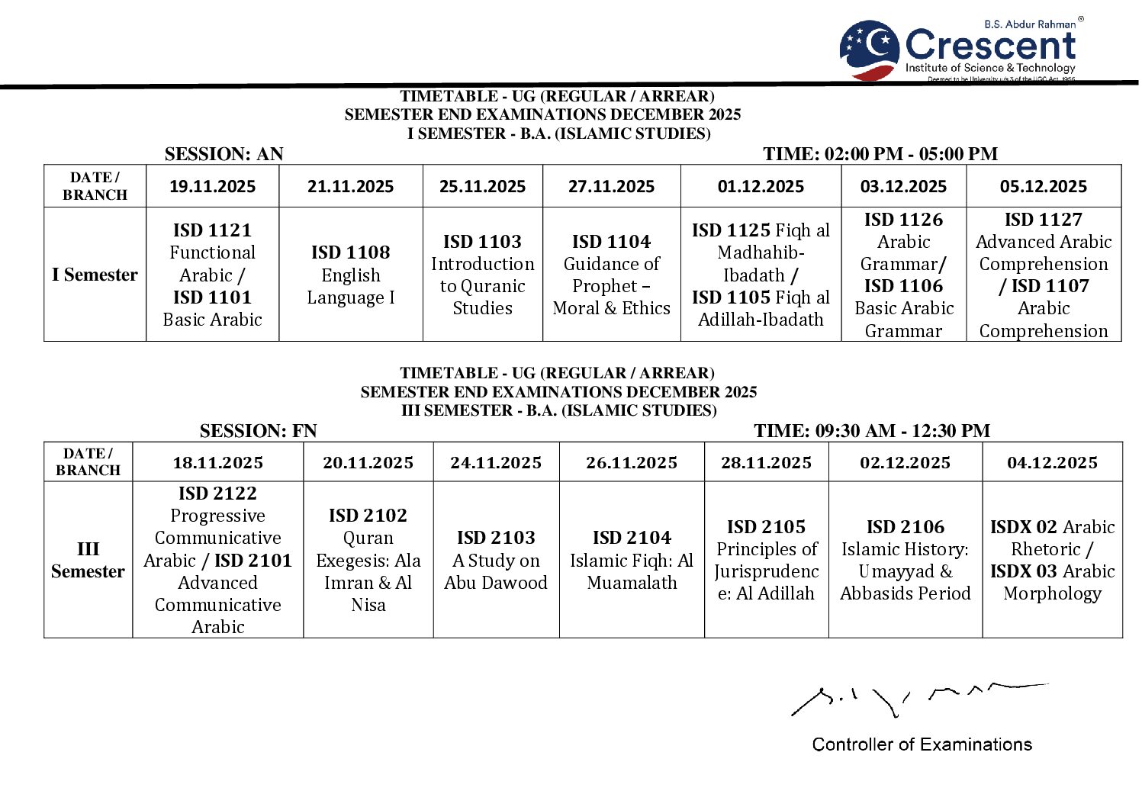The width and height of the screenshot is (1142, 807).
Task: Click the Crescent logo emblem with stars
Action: (870, 48)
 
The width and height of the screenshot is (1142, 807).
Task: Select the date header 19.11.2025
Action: (212, 186)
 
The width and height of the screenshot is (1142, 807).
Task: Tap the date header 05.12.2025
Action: (1043, 186)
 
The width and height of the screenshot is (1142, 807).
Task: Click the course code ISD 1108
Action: (350, 252)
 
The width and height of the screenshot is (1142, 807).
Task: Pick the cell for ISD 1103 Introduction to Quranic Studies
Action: (482, 275)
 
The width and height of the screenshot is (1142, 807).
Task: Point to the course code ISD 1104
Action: (611, 242)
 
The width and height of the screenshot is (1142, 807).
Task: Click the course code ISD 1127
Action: (1043, 220)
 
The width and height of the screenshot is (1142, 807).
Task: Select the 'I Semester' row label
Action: (95, 275)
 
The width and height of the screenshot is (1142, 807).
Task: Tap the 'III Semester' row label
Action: (88, 560)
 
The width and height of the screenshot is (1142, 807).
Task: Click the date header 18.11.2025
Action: (217, 462)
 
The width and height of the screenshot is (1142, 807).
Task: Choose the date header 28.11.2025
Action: (766, 462)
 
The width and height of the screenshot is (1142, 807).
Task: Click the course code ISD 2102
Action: (368, 516)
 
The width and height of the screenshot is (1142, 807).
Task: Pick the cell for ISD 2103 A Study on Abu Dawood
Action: (496, 560)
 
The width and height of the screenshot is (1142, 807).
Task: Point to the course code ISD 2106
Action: (905, 527)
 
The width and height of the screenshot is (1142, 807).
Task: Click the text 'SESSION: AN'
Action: (224, 154)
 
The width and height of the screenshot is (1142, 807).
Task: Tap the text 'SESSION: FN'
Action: (258, 431)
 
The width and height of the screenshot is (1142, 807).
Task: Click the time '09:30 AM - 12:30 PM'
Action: (902, 431)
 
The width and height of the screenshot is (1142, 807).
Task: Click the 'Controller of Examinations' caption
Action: (922, 744)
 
